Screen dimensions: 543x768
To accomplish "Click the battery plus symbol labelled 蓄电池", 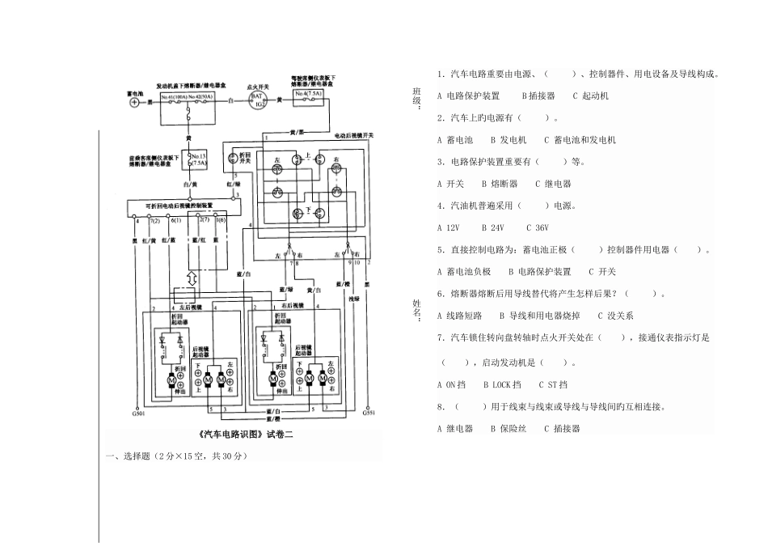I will (135, 104).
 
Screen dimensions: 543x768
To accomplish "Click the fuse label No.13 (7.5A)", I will (196, 156).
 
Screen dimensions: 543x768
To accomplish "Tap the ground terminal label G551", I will (369, 414).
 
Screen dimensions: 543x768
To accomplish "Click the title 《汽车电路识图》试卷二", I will (243, 435).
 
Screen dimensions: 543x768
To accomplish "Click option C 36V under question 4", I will (538, 228).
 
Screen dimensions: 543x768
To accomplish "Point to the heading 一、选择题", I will (131, 456).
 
